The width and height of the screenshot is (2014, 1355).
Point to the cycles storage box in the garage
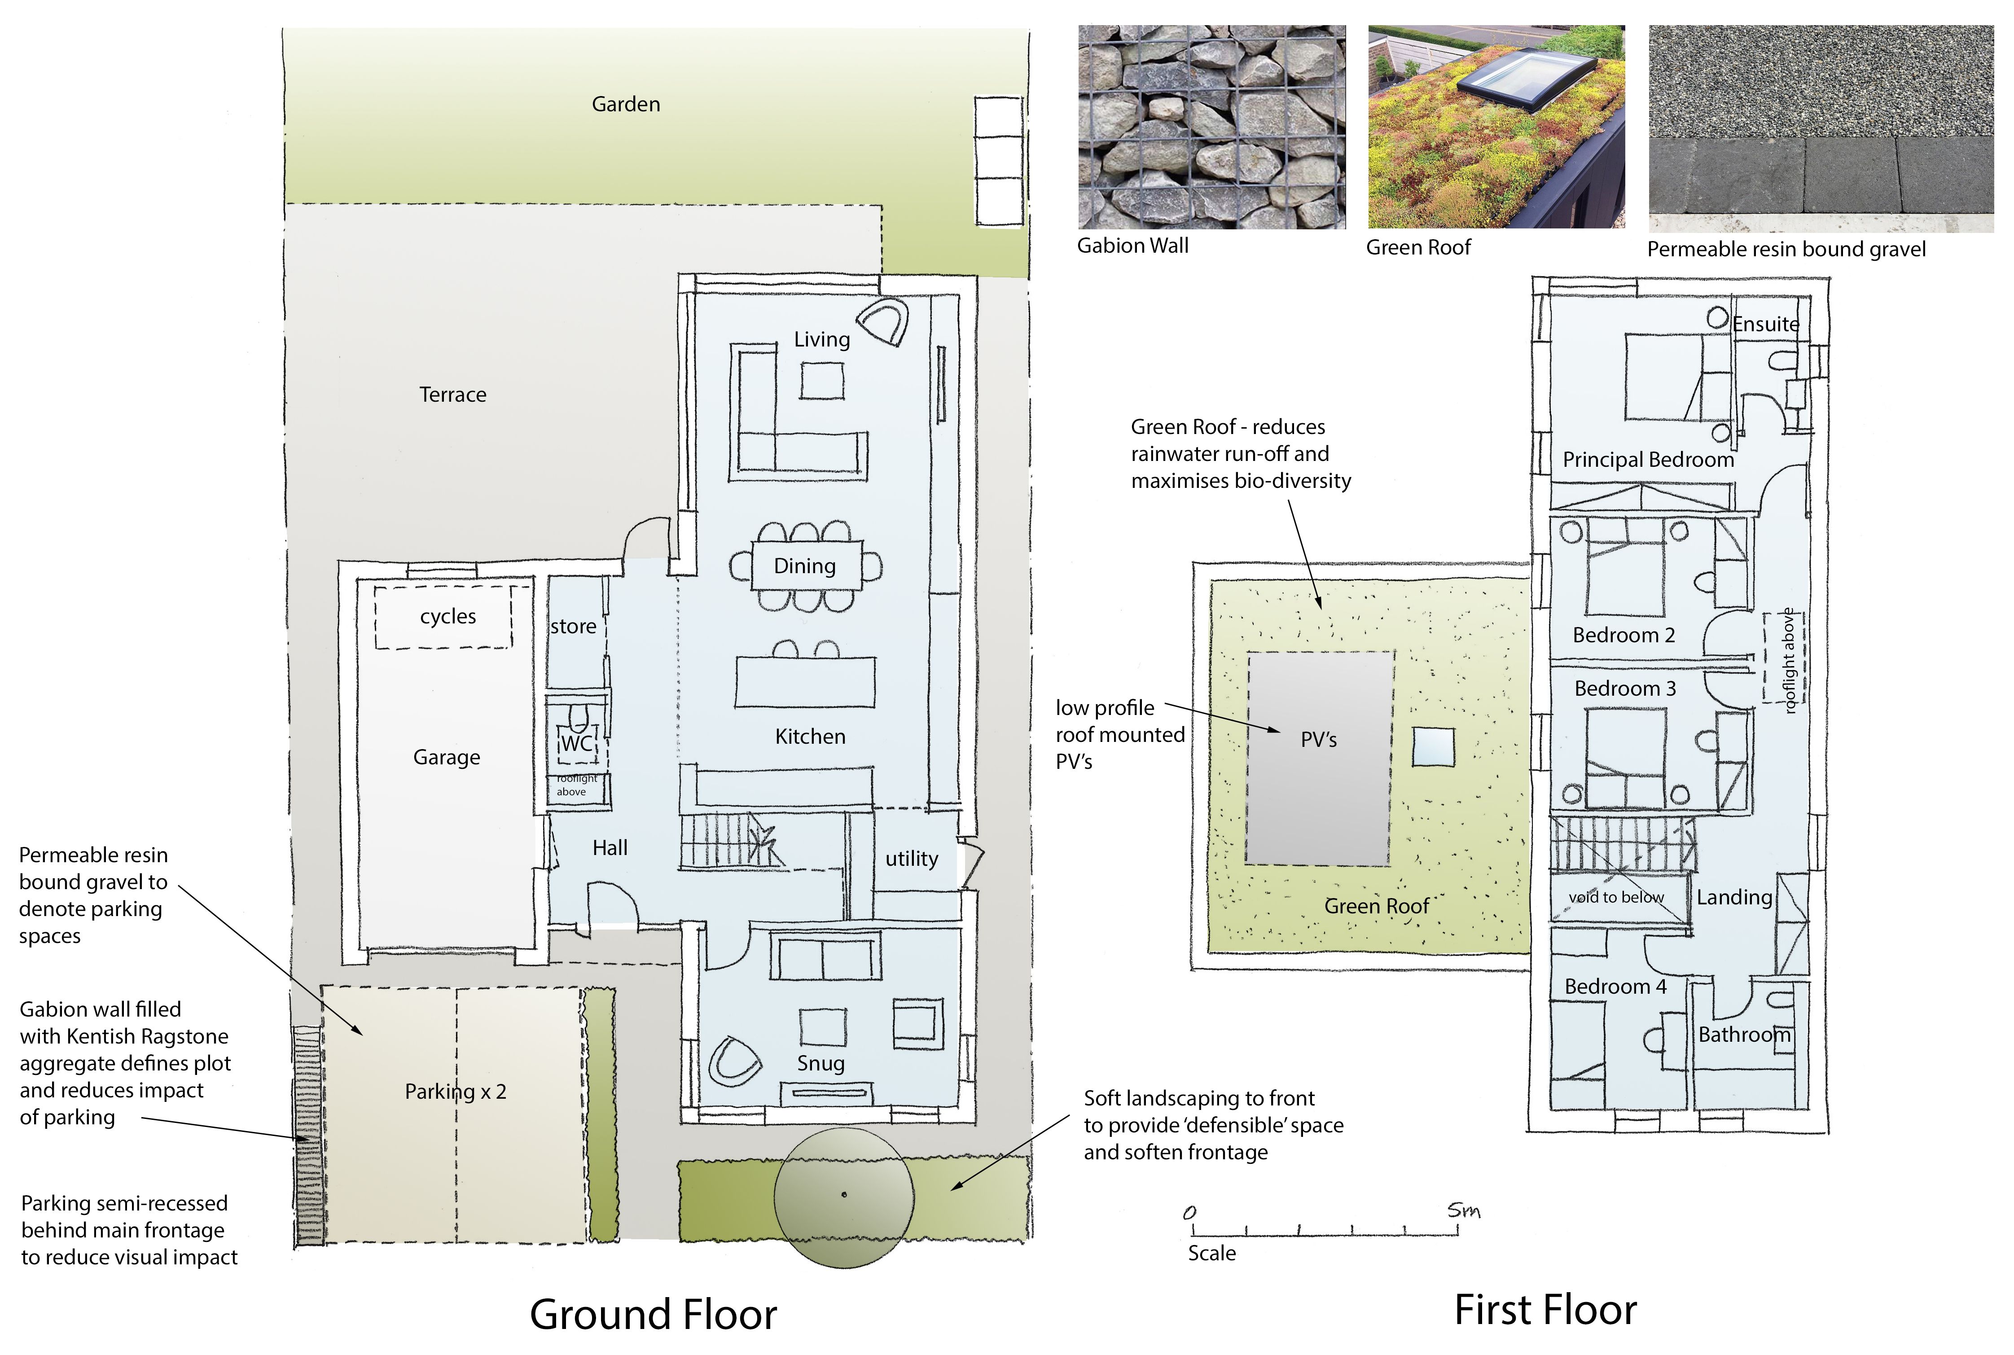click(443, 617)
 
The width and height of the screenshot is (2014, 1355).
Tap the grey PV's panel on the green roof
click(1319, 758)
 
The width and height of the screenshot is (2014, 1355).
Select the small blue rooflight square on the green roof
click(1433, 747)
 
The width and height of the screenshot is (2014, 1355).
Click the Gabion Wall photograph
click(1211, 127)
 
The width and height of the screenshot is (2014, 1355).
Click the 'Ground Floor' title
click(653, 1315)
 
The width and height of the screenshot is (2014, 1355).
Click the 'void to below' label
click(1616, 897)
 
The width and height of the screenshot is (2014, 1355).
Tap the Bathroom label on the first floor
click(1744, 1035)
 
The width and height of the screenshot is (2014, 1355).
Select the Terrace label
click(453, 395)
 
